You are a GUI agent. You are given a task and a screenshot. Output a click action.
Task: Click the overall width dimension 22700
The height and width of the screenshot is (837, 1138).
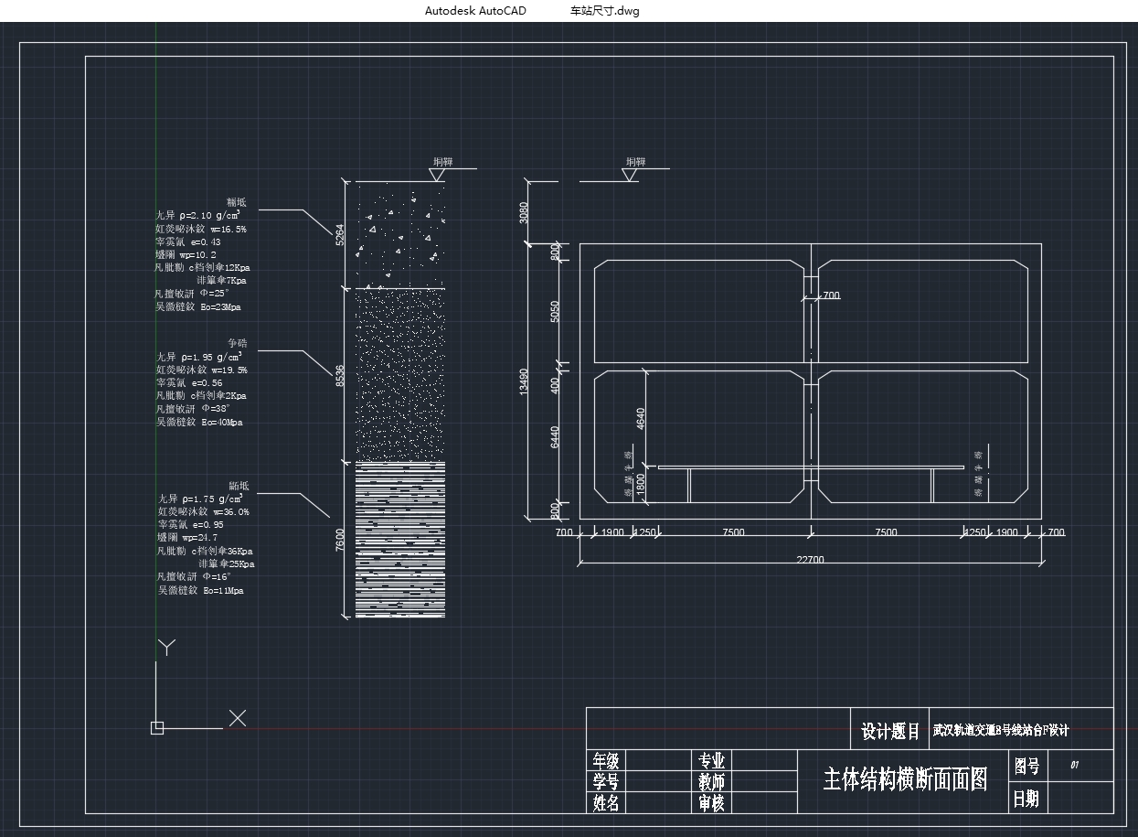[x=810, y=560]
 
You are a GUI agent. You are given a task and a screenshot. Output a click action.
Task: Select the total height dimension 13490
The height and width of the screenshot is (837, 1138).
[x=524, y=381]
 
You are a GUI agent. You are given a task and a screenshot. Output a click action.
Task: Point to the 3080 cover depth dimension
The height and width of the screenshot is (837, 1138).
[x=524, y=212]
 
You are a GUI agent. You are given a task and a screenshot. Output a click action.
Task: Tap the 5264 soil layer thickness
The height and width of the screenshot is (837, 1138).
[x=340, y=235]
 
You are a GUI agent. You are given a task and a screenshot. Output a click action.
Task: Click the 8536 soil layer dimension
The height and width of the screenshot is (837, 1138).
[x=340, y=374]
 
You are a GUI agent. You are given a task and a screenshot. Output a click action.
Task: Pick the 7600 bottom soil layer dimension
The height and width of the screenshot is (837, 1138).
[x=340, y=540]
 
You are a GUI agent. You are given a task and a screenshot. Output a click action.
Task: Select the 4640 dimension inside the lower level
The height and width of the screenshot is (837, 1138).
[x=641, y=419]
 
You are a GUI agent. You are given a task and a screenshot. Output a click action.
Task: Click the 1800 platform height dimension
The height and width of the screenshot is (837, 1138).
[x=641, y=483]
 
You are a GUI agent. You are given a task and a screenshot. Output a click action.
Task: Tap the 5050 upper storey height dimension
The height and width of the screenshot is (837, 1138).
[x=555, y=311]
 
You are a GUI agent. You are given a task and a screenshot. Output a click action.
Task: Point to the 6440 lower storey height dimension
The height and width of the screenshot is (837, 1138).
[x=555, y=437]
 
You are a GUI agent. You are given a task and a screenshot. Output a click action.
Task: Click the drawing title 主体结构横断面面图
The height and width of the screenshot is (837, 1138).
[x=905, y=779]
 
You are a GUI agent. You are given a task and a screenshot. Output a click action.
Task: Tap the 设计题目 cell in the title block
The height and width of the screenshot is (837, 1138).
[x=890, y=732]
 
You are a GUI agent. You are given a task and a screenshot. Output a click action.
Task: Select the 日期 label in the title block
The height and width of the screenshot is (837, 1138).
[x=1026, y=799]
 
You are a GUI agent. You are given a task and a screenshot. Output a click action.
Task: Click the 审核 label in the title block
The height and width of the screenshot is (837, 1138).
[x=711, y=803]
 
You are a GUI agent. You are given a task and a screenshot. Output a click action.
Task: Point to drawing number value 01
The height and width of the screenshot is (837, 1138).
[x=1075, y=765]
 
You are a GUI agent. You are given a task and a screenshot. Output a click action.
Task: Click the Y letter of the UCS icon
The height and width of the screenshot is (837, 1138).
[x=166, y=648]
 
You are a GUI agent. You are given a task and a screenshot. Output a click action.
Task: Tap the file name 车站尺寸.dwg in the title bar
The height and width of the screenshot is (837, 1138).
[x=604, y=11]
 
